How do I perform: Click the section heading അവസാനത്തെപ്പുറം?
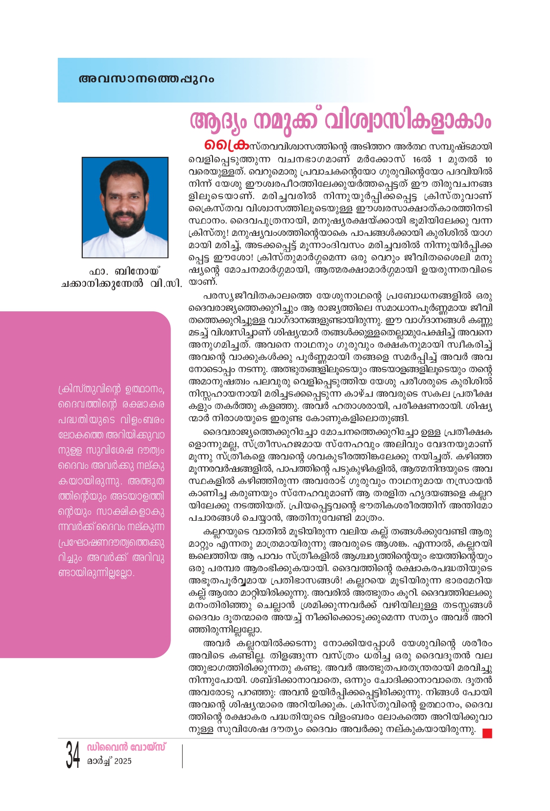[x=146, y=79]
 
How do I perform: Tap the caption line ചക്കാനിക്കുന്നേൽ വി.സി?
[x=121, y=284]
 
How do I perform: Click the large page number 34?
[x=72, y=755]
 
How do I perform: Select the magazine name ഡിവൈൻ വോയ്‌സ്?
[x=126, y=747]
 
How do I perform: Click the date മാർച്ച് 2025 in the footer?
[x=109, y=761]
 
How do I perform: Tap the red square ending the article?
[x=487, y=733]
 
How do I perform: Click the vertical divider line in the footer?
[x=182, y=756]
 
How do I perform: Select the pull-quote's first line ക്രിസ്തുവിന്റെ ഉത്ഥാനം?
[x=111, y=389]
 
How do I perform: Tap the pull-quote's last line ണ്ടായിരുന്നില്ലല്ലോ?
[x=96, y=573]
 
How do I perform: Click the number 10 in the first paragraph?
[x=488, y=159]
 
